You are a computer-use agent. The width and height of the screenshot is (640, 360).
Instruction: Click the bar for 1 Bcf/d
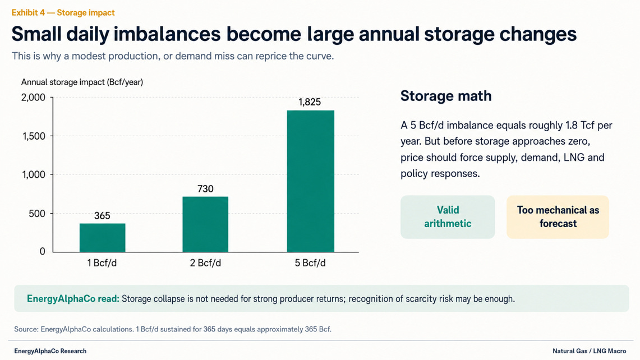[x=103, y=238]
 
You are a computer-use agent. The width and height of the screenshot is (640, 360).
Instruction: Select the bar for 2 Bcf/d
[x=205, y=224]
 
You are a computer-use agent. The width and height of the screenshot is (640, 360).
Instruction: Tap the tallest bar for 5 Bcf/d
[x=311, y=181]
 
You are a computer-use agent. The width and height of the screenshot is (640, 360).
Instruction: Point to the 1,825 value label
[x=310, y=102]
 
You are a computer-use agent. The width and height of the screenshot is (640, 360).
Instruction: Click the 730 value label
[x=205, y=188]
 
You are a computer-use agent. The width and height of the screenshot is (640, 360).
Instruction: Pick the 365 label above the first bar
[x=102, y=215]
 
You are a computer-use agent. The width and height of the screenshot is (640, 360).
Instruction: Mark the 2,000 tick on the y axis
[x=33, y=97]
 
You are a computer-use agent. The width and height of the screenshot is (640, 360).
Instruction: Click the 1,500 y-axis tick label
[x=34, y=136]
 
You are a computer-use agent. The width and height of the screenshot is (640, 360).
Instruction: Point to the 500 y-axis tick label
[x=37, y=214]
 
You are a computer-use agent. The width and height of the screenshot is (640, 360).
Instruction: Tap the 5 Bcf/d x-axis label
[x=310, y=263]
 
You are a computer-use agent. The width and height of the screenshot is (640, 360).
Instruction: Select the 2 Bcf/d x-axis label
[x=205, y=263]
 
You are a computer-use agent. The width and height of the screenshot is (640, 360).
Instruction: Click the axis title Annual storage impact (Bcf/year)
[x=82, y=82]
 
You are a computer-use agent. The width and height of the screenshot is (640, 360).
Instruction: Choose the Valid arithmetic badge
[x=448, y=217]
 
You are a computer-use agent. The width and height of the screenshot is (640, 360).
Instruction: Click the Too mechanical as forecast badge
[x=558, y=217]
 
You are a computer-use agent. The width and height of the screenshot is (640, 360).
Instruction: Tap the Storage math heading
[x=446, y=96]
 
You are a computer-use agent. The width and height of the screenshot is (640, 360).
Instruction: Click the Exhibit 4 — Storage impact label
[x=63, y=13]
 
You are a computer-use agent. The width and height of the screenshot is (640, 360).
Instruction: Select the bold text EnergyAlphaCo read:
[x=73, y=299]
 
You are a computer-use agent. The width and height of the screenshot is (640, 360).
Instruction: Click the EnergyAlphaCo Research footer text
[x=50, y=351]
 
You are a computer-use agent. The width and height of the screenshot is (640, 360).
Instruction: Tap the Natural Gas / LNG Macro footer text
[x=590, y=351]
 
